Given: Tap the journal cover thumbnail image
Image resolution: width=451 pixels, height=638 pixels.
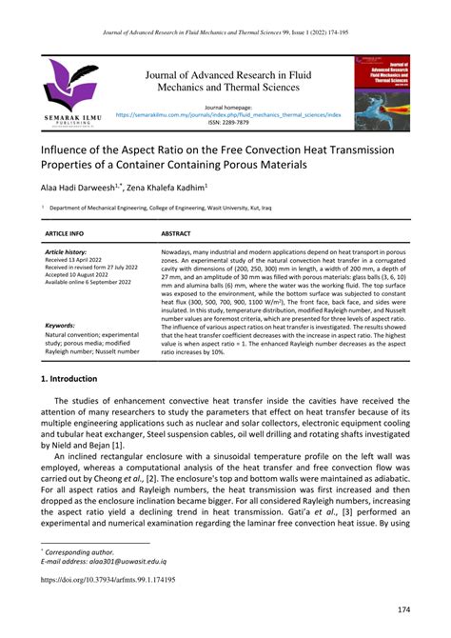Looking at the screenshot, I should click(382, 93).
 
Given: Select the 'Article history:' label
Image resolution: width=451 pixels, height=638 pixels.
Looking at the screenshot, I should click(66, 251).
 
